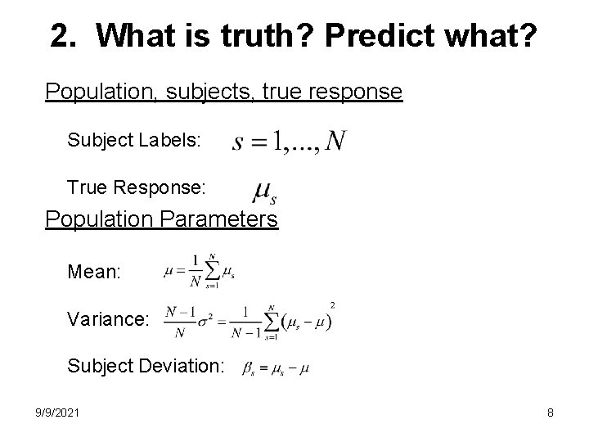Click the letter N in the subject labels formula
(x=335, y=142)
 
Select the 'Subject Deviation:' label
(x=146, y=367)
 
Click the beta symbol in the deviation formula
(x=249, y=369)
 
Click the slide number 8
(x=551, y=413)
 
